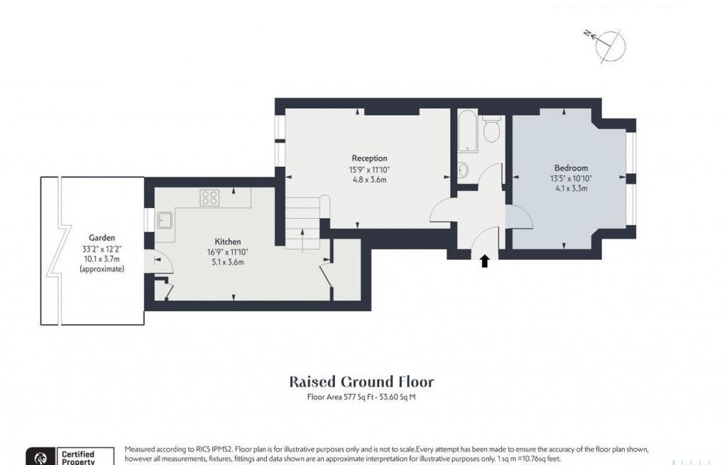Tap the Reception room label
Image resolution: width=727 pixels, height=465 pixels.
pyautogui.click(x=369, y=158)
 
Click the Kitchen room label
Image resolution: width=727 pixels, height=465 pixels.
pyautogui.click(x=228, y=241)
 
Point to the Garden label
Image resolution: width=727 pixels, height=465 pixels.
pyautogui.click(x=102, y=238)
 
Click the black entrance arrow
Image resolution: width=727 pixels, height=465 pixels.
pyautogui.click(x=485, y=261)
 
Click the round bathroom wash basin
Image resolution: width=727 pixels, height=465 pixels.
pyautogui.click(x=463, y=170)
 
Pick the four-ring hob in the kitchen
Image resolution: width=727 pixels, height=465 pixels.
pyautogui.click(x=210, y=197)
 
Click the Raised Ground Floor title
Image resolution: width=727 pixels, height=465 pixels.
pyautogui.click(x=361, y=381)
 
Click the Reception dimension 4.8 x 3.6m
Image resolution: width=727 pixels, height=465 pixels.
pyautogui.click(x=369, y=180)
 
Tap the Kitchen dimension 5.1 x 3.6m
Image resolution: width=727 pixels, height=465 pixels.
pyautogui.click(x=228, y=262)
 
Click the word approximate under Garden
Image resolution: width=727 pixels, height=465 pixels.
pyautogui.click(x=102, y=269)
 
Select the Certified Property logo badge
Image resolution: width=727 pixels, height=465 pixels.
pyautogui.click(x=70, y=456)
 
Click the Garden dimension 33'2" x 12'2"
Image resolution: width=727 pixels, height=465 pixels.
pyautogui.click(x=102, y=248)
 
